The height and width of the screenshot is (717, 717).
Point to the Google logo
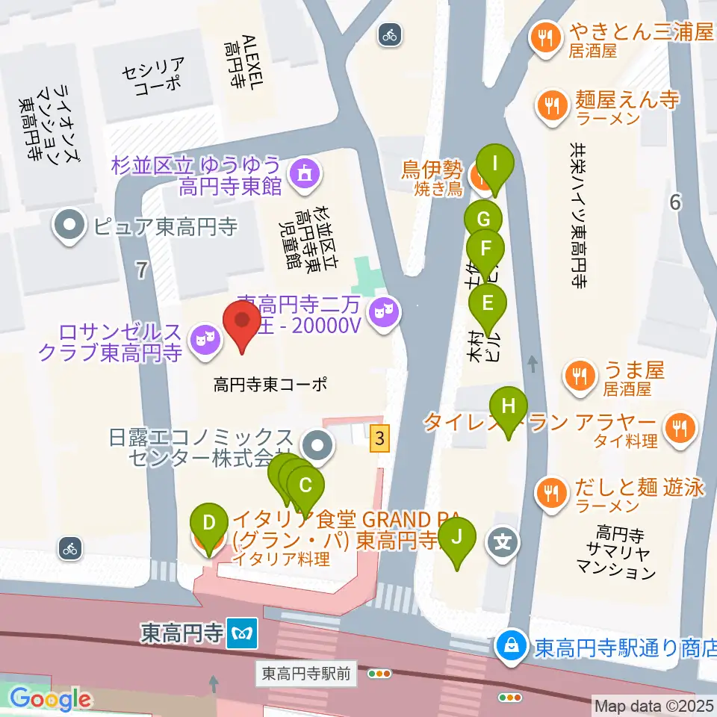coord(50,699)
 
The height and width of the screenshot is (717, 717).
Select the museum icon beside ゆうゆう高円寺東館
coord(304,173)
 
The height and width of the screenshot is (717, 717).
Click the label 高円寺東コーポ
coord(270,385)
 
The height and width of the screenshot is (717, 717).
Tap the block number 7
coord(142,270)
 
